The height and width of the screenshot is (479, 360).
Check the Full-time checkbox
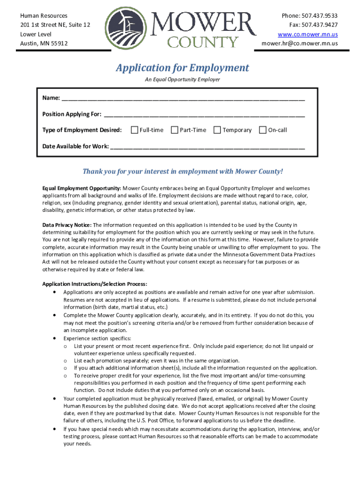(x=135, y=130)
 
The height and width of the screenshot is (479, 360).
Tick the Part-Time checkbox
(x=174, y=130)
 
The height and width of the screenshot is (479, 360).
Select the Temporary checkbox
(x=217, y=130)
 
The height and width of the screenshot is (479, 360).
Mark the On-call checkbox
(x=262, y=130)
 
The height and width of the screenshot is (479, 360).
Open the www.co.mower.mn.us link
(x=308, y=34)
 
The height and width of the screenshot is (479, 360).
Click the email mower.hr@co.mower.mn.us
(x=299, y=44)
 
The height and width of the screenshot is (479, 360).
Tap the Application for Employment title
(x=182, y=68)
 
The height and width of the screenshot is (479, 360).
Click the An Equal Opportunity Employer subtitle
(x=182, y=80)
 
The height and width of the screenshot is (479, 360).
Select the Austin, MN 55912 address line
(x=43, y=44)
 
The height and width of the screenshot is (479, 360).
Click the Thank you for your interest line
(x=183, y=171)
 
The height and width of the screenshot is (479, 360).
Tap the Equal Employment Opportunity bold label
(x=82, y=188)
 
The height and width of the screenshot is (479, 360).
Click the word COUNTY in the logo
(x=202, y=43)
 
